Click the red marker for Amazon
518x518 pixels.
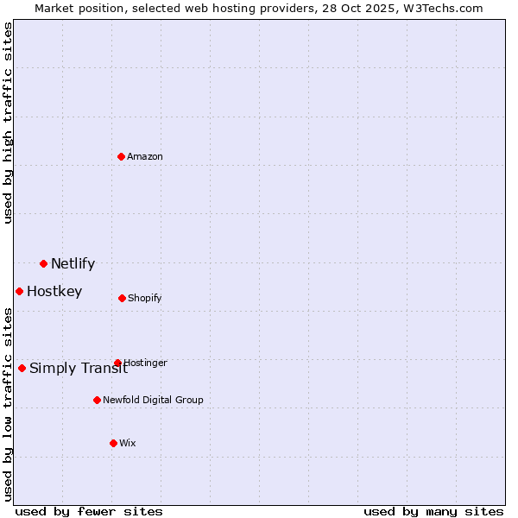tap(122, 156)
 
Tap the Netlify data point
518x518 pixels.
tap(43, 263)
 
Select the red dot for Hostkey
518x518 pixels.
tap(19, 291)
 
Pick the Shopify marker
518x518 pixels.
tap(122, 298)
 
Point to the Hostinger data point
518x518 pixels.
tap(117, 363)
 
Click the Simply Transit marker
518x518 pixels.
tap(22, 368)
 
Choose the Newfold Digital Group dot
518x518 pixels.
tap(97, 400)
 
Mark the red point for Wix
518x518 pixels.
tap(113, 443)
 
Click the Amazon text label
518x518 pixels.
tap(145, 156)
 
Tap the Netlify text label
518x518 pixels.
tap(73, 264)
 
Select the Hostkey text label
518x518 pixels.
tap(54, 292)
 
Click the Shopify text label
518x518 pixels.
tap(145, 298)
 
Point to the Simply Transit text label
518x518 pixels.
tap(78, 369)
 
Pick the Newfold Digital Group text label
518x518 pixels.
tap(153, 400)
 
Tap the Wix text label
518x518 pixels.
tap(128, 443)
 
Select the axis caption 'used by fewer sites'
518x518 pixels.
tap(89, 511)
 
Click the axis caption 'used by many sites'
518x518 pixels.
tap(433, 511)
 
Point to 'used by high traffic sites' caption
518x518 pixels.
tap(8, 123)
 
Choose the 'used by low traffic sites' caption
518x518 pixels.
tap(8, 403)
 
